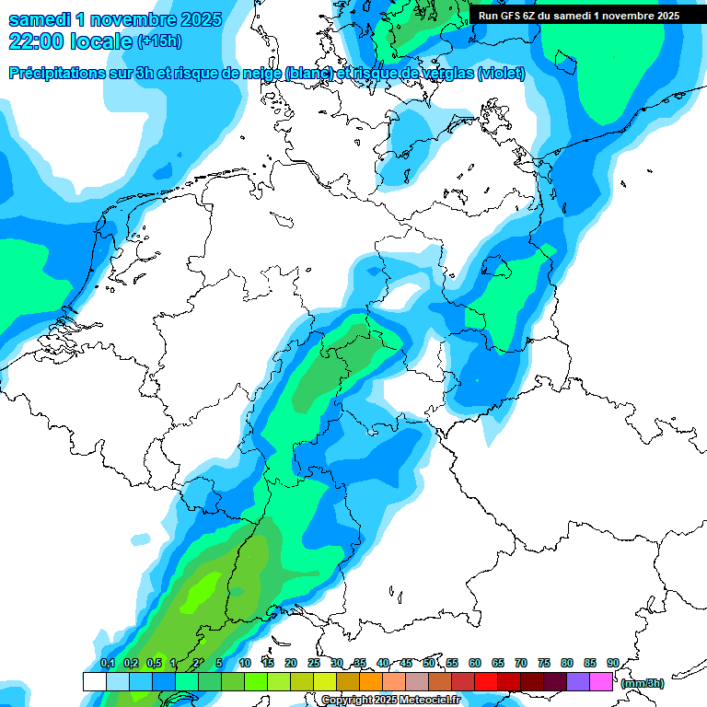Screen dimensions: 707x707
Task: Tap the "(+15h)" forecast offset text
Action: coord(159,41)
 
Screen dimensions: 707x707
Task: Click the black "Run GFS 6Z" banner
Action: coord(579,16)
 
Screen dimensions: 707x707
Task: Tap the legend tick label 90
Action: coord(612,663)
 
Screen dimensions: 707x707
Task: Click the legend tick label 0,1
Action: coord(107,663)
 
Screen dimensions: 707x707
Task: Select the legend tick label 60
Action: coord(475,663)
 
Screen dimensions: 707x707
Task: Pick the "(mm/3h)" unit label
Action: coord(643,683)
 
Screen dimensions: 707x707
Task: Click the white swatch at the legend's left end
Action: coord(94,682)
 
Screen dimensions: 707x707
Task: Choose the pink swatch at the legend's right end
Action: coord(601,682)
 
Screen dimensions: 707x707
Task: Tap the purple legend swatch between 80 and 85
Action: coord(578,682)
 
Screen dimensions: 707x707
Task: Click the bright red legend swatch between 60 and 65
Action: coord(486,682)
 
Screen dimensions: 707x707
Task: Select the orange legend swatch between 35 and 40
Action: coord(371,682)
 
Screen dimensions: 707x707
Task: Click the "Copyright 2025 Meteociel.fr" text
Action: coord(390,701)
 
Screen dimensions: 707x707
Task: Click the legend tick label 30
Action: coord(337,663)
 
